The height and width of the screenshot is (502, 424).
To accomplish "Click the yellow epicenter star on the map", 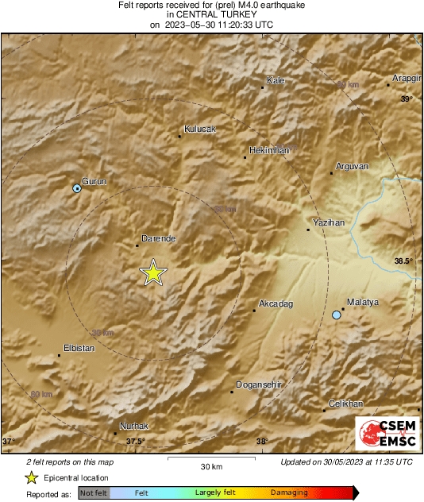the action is tap(152, 272).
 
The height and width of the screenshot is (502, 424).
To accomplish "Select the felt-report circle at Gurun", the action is tap(77, 188).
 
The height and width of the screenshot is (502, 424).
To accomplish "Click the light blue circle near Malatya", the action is tap(337, 315).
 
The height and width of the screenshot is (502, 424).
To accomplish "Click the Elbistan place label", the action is tap(79, 348).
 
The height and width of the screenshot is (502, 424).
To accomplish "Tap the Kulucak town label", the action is tap(199, 129).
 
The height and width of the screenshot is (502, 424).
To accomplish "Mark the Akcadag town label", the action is tap(276, 304).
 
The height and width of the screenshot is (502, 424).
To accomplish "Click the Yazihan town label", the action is tap(329, 223).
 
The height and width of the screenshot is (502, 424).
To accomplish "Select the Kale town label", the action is tap(276, 81).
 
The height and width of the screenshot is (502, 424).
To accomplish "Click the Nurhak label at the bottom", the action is tap(133, 426).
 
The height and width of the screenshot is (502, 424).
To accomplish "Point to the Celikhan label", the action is tap(345, 404).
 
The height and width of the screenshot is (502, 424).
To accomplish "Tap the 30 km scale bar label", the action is tap(210, 465).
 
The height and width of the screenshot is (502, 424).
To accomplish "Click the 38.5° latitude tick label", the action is tap(405, 261).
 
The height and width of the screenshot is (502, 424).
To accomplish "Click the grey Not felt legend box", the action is tap(94, 493).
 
